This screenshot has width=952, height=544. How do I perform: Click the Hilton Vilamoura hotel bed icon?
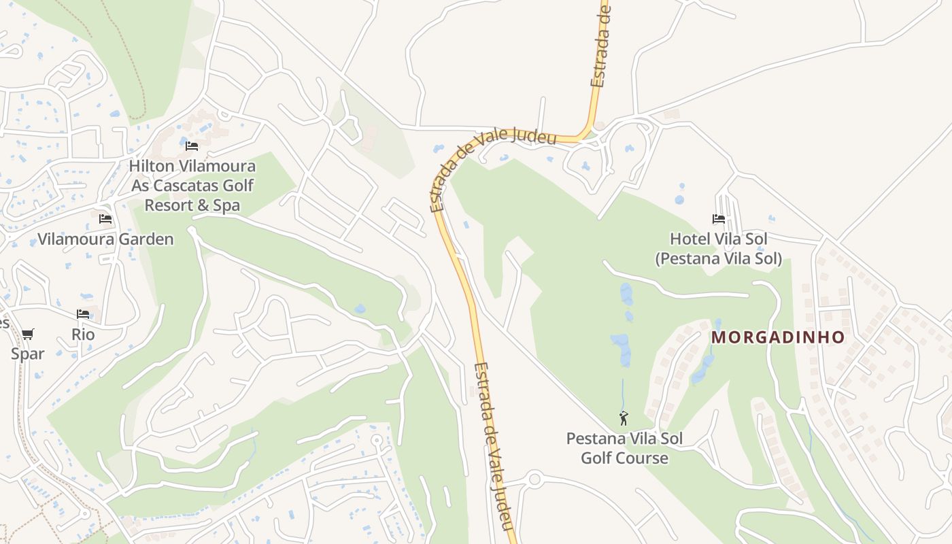pyautogui.click(x=192, y=146)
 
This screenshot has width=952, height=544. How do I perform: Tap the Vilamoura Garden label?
pyautogui.click(x=105, y=239)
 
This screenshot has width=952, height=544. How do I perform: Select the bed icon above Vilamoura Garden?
pyautogui.click(x=105, y=219)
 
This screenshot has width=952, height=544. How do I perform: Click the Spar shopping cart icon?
pyautogui.click(x=27, y=334)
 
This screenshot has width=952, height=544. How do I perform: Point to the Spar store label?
pyautogui.click(x=28, y=354)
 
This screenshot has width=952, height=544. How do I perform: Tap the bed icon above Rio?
pyautogui.click(x=83, y=314)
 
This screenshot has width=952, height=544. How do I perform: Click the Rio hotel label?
pyautogui.click(x=83, y=335)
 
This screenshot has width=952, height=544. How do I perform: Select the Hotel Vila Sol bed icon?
pyautogui.click(x=719, y=219)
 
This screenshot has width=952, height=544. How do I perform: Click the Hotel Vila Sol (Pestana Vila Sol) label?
pyautogui.click(x=719, y=249)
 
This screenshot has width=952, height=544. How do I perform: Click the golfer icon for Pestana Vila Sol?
pyautogui.click(x=624, y=418)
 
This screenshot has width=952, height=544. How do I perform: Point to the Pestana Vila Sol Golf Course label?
pyautogui.click(x=624, y=448)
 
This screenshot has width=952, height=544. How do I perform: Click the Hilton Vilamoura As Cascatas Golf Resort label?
pyautogui.click(x=192, y=185)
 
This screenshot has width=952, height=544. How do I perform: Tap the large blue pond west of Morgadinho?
pyautogui.click(x=620, y=347)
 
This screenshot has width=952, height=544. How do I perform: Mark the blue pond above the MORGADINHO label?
pyautogui.click(x=717, y=326)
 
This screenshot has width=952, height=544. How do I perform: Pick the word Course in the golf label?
pyautogui.click(x=644, y=458)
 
